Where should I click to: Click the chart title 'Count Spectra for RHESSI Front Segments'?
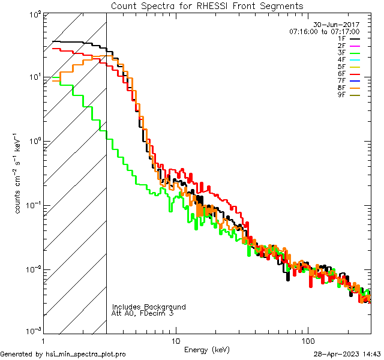pos(207,5)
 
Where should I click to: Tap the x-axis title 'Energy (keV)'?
pos(207,349)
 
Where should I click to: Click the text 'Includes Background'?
pos(149,307)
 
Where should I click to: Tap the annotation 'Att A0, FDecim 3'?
pos(142,313)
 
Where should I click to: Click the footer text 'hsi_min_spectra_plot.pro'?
pos(86,354)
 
